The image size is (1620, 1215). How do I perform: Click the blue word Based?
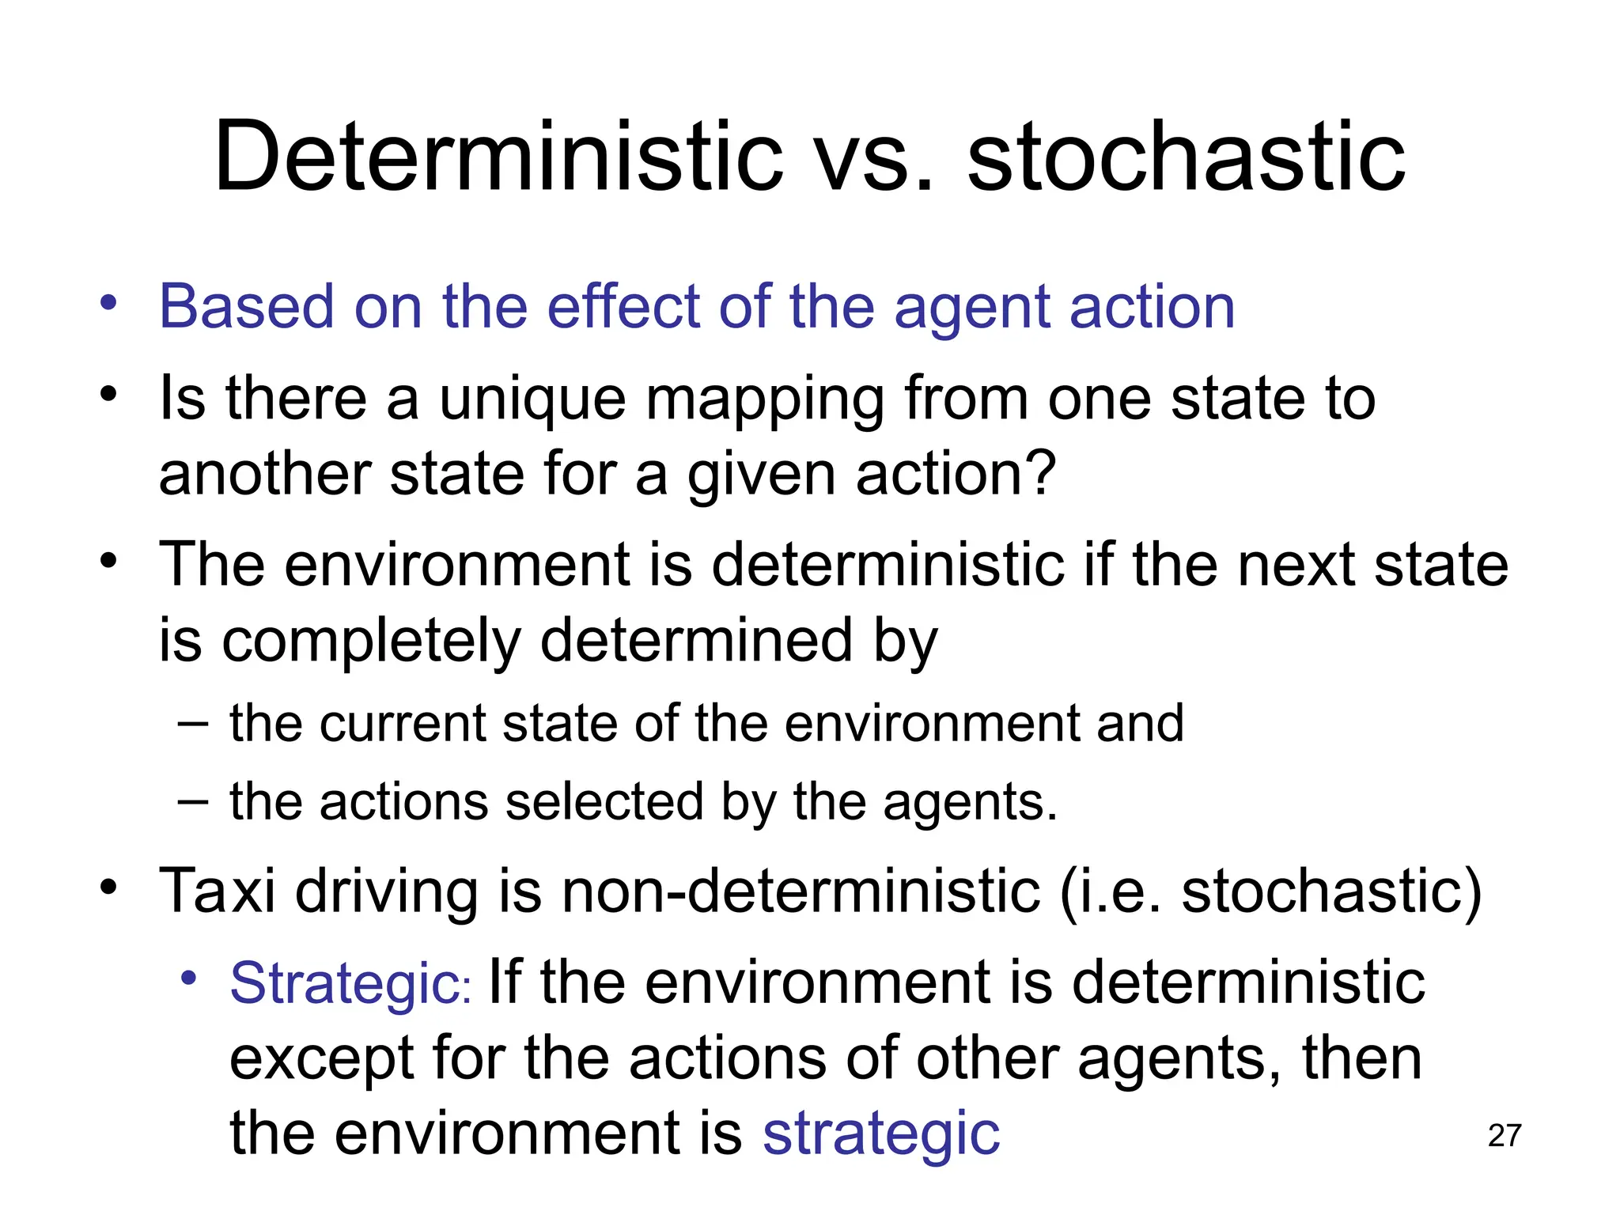(247, 307)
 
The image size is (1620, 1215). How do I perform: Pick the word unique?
(532, 399)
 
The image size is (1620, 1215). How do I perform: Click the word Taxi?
(218, 891)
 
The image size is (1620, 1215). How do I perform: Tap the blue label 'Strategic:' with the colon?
(350, 983)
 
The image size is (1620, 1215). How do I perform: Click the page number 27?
(1504, 1136)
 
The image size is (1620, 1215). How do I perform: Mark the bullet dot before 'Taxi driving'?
(108, 886)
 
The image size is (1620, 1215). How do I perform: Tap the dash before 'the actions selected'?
(193, 801)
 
